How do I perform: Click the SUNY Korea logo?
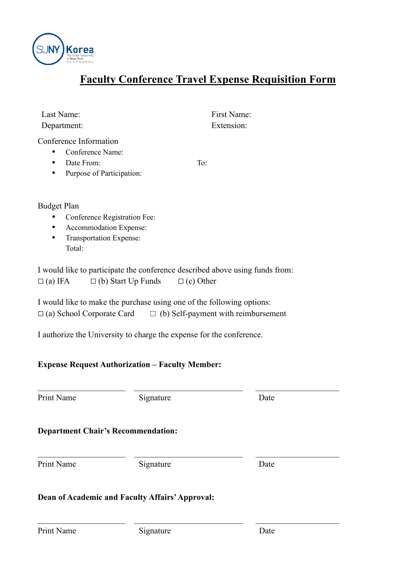63,49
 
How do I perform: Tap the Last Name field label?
61,115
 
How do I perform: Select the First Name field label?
231,115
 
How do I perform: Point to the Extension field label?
229,126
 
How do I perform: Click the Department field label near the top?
62,126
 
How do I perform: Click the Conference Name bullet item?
94,152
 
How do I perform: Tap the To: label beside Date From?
202,163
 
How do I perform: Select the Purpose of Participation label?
104,173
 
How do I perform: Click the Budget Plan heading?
58,206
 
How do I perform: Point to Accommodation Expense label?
106,228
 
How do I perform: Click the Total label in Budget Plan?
74,248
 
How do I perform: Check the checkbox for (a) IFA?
41,282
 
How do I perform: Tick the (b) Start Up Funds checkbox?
94,282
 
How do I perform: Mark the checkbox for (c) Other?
181,282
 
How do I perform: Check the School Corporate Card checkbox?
41,314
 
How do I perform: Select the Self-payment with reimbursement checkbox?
153,314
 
